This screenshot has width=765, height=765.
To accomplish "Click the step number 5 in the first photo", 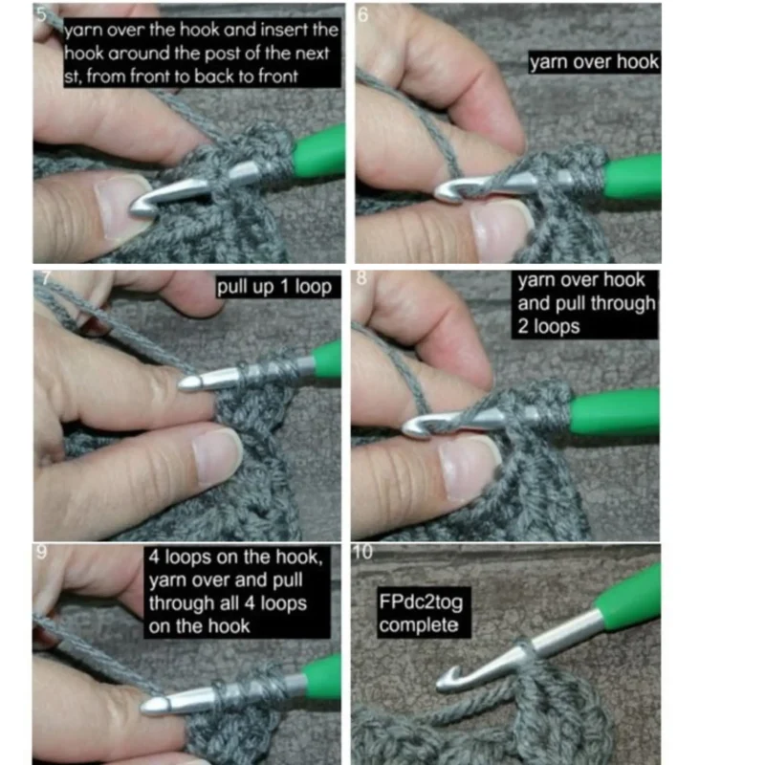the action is (41, 14).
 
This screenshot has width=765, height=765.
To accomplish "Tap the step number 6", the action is (363, 15).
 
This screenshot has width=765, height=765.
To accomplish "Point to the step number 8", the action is (361, 278).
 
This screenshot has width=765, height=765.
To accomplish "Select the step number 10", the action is (362, 552).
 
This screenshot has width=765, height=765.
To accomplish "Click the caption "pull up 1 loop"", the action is (274, 287).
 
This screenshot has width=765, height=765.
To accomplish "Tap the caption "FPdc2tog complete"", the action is (421, 613).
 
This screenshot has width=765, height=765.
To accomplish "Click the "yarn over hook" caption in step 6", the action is (594, 62).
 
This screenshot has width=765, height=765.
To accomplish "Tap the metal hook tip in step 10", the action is (447, 679).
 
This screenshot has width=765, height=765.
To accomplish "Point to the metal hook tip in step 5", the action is (138, 208).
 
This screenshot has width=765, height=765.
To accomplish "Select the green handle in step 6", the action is (633, 175).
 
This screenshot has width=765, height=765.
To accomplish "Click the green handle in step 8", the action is (615, 412).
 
